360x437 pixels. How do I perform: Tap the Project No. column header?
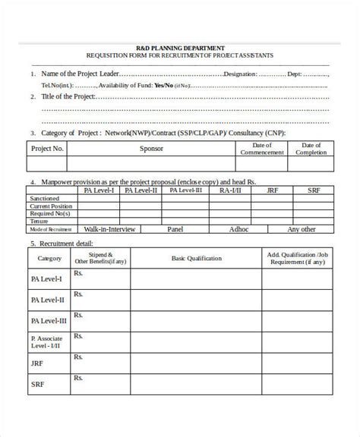(x=47, y=149)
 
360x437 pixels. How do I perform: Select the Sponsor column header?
(x=151, y=149)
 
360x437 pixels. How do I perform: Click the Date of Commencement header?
(x=261, y=149)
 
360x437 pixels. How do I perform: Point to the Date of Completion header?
(x=311, y=149)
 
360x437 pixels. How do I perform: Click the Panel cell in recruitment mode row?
(x=175, y=228)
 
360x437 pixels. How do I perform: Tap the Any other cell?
(x=303, y=228)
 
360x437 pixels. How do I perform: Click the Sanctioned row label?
(x=45, y=198)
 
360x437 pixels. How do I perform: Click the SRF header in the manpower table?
(x=313, y=190)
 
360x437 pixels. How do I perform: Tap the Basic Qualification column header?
(x=197, y=259)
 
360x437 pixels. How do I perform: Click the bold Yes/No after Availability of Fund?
(x=163, y=85)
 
